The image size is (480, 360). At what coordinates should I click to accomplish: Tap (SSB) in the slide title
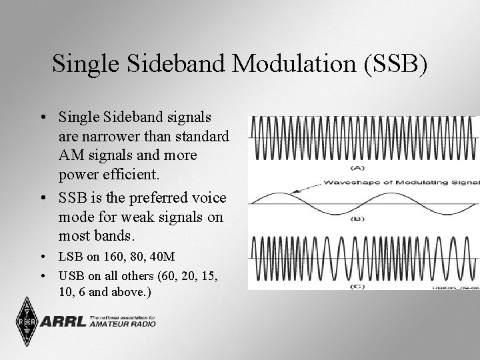tap(393, 64)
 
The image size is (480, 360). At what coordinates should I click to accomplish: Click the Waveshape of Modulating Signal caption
tap(400, 181)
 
